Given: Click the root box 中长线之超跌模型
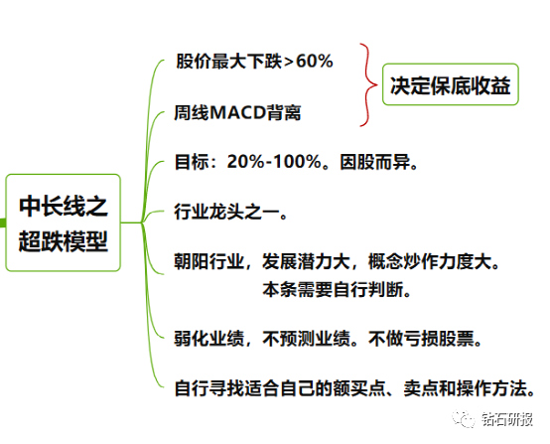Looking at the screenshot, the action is point(64,222).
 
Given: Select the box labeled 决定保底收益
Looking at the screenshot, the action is point(451,84).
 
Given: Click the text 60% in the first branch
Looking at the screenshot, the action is point(315,61).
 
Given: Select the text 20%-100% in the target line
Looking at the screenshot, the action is point(274,162).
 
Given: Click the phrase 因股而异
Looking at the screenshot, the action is point(374,162).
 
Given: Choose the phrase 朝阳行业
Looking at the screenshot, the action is point(209,261).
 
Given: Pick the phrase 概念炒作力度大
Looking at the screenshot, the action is point(430,261).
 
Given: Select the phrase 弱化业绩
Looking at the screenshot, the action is point(209,339).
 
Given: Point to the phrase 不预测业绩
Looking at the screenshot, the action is point(306,339).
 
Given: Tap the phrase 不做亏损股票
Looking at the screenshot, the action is point(421,339).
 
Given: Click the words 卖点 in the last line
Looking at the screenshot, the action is point(421,388).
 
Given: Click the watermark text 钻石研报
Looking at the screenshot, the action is point(507,419).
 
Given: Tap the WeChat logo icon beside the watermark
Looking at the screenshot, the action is point(463,419).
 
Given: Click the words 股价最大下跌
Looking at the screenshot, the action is point(228,61).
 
